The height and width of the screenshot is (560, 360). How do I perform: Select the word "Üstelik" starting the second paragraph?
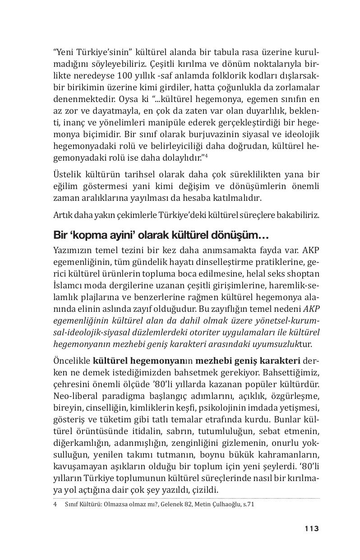coord(66,174)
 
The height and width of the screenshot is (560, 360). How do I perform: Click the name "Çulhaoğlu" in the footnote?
coord(225,504)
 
